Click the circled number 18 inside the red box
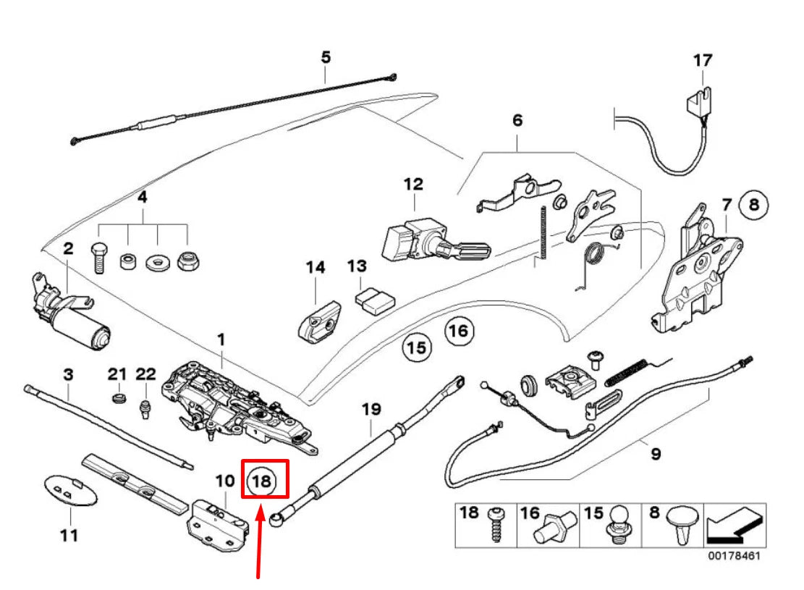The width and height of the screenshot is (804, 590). coord(261,481)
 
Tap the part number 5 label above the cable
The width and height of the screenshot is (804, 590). coord(326,57)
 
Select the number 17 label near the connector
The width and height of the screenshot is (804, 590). coord(703,61)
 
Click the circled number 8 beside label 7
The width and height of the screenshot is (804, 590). coord(754,205)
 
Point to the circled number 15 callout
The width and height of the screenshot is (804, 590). coord(416,347)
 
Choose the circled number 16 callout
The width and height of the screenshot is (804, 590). coord(458,331)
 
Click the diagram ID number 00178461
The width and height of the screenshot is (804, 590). coord(735,556)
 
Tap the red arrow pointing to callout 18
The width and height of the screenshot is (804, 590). coord(260,541)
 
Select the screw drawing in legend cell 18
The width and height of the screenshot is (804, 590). coord(496,524)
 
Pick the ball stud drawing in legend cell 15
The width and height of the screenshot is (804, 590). coord(619,525)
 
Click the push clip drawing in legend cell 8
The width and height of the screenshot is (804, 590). coord(682,525)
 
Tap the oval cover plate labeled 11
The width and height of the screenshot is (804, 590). coord(71,491)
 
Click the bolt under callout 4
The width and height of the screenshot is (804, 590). coord(99,258)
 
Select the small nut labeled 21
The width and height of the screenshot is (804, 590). coord(119,397)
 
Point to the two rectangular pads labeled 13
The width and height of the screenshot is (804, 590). coord(374,300)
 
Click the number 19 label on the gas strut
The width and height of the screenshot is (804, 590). coord(372,410)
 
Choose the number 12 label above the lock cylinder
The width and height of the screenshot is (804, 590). coord(413,184)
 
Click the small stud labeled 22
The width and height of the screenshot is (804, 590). coord(145,409)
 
